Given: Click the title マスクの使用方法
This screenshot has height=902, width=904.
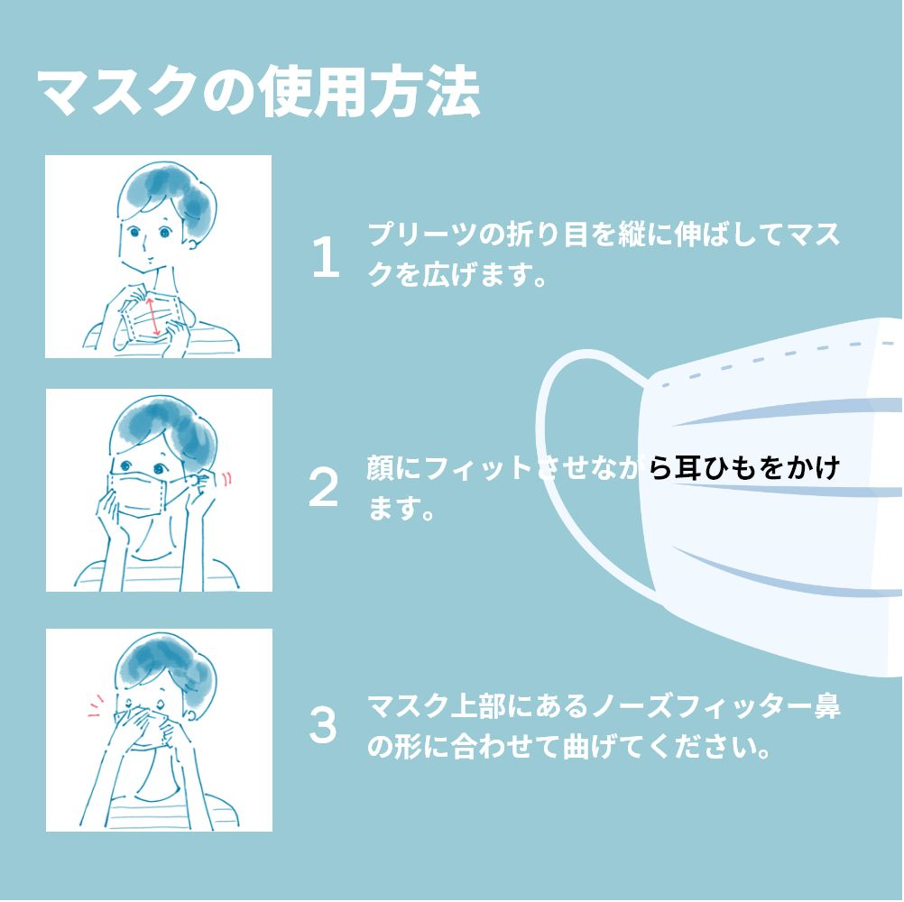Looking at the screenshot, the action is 258,93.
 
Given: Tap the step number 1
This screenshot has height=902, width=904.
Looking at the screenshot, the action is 326,258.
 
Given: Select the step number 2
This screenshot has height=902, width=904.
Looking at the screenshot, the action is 323,488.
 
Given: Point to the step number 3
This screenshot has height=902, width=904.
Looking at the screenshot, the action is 323,724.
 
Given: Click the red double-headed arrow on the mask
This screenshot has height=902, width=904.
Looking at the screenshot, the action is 153,317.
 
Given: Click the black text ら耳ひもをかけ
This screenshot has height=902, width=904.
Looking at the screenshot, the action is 744,468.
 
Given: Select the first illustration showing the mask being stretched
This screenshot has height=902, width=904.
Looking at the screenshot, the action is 159,256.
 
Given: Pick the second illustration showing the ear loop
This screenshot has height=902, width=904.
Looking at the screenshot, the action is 159,490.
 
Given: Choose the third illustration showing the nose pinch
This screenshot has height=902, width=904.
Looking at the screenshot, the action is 159,730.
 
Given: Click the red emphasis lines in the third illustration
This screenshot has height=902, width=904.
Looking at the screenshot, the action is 96,706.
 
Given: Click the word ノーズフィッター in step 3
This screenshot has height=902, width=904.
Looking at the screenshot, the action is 701,707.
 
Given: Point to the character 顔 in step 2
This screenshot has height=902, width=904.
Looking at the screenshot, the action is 380,468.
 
